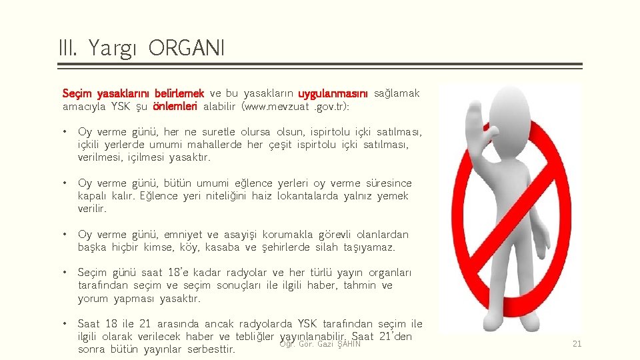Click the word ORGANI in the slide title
coord(187,48)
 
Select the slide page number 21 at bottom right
coord(577,344)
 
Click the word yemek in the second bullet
coord(393,196)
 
